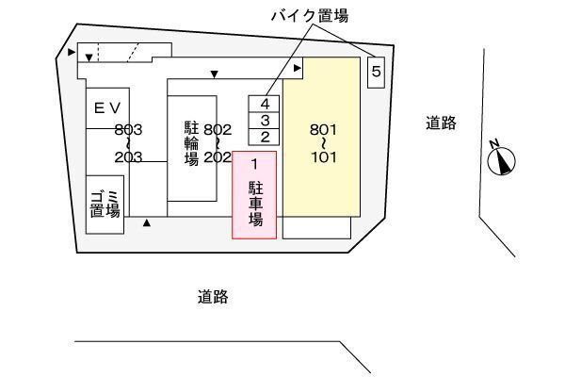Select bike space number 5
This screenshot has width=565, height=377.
[x=376, y=71]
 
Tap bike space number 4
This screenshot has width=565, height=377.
[x=266, y=104]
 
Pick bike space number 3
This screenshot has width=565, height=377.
[x=266, y=120]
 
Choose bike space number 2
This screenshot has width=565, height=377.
[x=266, y=137]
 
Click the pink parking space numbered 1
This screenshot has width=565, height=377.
[x=254, y=195]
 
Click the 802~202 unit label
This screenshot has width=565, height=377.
[x=218, y=143]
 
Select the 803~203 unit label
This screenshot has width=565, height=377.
[x=128, y=143]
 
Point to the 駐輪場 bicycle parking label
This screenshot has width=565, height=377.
[x=191, y=143]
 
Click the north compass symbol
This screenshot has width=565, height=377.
[x=501, y=160]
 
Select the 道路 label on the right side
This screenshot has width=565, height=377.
[x=440, y=122]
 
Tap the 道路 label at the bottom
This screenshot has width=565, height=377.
[x=213, y=297]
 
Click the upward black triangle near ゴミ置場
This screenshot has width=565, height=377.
[x=147, y=223]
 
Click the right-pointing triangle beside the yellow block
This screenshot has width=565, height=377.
[x=298, y=68]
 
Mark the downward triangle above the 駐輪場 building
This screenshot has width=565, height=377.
[x=215, y=74]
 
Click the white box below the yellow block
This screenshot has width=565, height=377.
[x=316, y=227]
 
